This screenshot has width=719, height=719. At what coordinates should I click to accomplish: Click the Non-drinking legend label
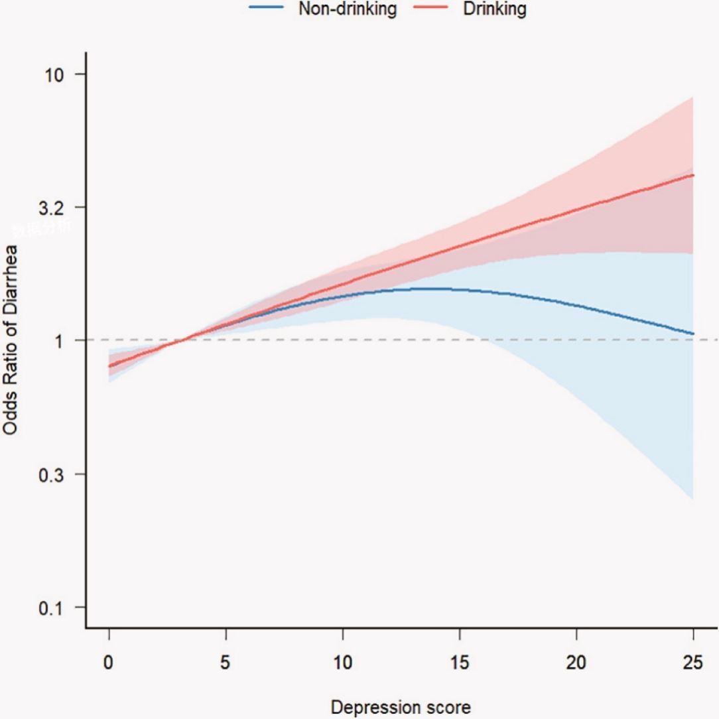[348, 9]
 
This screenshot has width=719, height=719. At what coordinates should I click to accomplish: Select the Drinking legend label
[495, 9]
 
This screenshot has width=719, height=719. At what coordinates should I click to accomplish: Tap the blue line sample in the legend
[267, 9]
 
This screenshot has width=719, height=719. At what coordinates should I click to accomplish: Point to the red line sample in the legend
[436, 9]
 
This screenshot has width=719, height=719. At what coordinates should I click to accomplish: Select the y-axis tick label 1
[64, 340]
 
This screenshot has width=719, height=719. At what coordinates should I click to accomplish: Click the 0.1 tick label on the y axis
[54, 608]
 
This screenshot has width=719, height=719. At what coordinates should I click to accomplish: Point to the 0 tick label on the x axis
[109, 663]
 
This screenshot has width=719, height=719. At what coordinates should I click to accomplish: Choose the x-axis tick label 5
[226, 663]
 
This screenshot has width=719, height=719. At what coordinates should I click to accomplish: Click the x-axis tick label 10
[343, 663]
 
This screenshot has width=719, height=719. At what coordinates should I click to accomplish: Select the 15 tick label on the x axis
[460, 663]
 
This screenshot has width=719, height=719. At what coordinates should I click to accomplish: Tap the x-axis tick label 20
[576, 663]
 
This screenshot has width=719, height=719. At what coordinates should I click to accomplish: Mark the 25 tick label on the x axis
[693, 663]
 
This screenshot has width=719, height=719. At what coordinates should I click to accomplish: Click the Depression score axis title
[401, 707]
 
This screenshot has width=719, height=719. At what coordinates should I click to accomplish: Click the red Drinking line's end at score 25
[693, 175]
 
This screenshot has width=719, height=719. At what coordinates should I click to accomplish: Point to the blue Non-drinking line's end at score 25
[693, 334]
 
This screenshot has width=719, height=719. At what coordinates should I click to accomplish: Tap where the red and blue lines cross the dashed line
[180, 340]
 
